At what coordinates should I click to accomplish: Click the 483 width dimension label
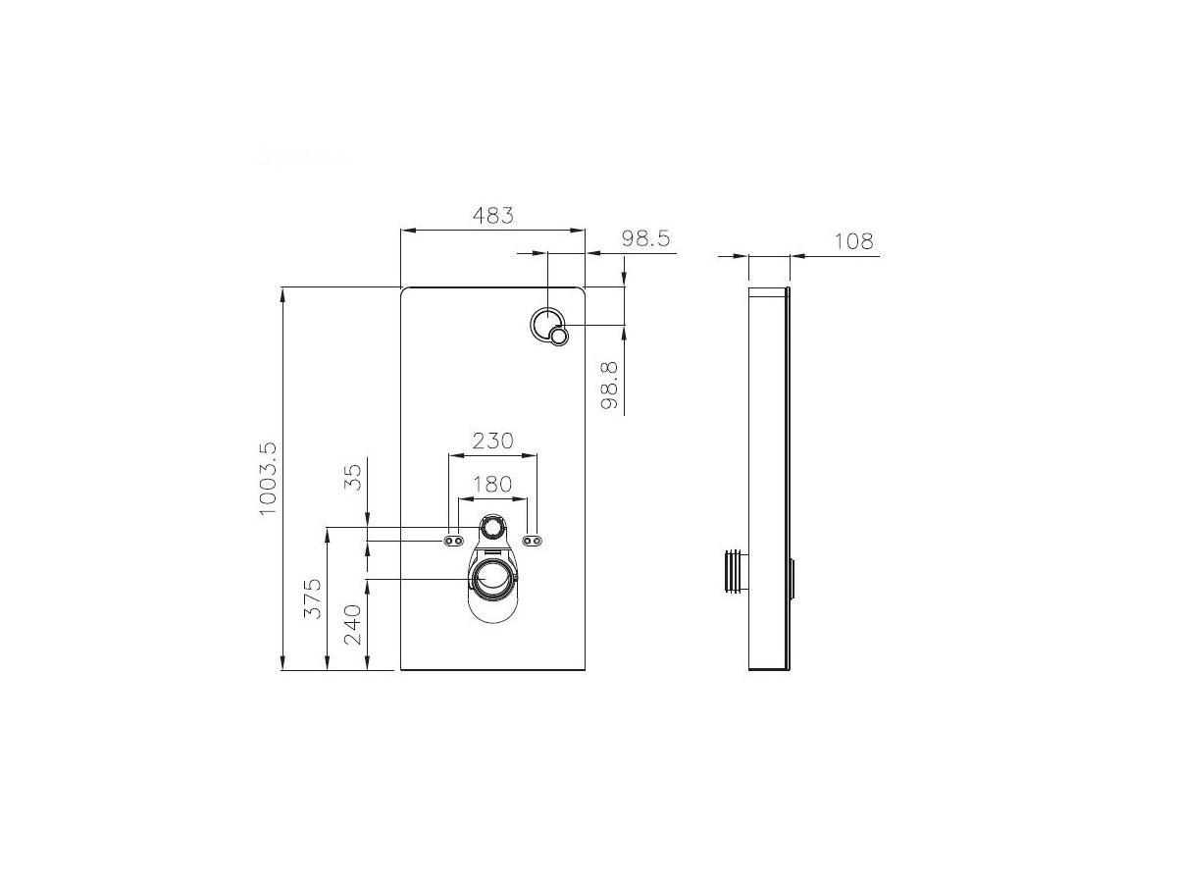click(x=492, y=215)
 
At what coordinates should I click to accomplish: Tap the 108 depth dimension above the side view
click(x=852, y=241)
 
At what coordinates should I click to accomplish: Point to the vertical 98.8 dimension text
click(x=609, y=385)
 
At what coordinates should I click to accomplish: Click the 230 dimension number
click(x=492, y=441)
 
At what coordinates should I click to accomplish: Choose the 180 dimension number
click(x=492, y=484)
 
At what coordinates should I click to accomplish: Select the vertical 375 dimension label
click(x=313, y=597)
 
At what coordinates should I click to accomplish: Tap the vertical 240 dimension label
click(x=353, y=624)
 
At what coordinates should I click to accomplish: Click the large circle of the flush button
click(x=546, y=323)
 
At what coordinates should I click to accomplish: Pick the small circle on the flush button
click(x=559, y=338)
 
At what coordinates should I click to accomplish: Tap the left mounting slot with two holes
click(x=454, y=541)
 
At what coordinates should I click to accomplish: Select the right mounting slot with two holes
click(x=533, y=541)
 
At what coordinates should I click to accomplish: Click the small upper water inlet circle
click(x=493, y=530)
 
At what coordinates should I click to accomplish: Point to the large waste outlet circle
click(x=493, y=580)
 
